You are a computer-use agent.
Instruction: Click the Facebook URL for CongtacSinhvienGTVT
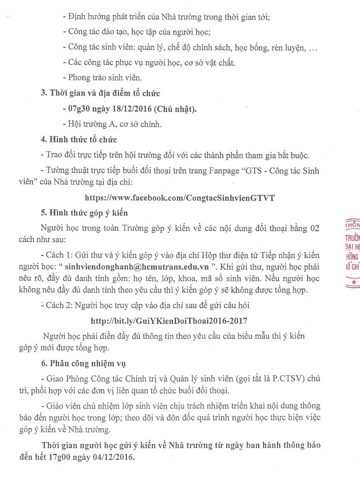tap(180, 196)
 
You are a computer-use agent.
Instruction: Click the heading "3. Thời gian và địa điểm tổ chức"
tap(100, 93)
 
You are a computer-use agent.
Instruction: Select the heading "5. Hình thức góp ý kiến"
tap(84, 212)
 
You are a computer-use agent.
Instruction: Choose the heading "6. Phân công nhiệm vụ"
tap(83, 363)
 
